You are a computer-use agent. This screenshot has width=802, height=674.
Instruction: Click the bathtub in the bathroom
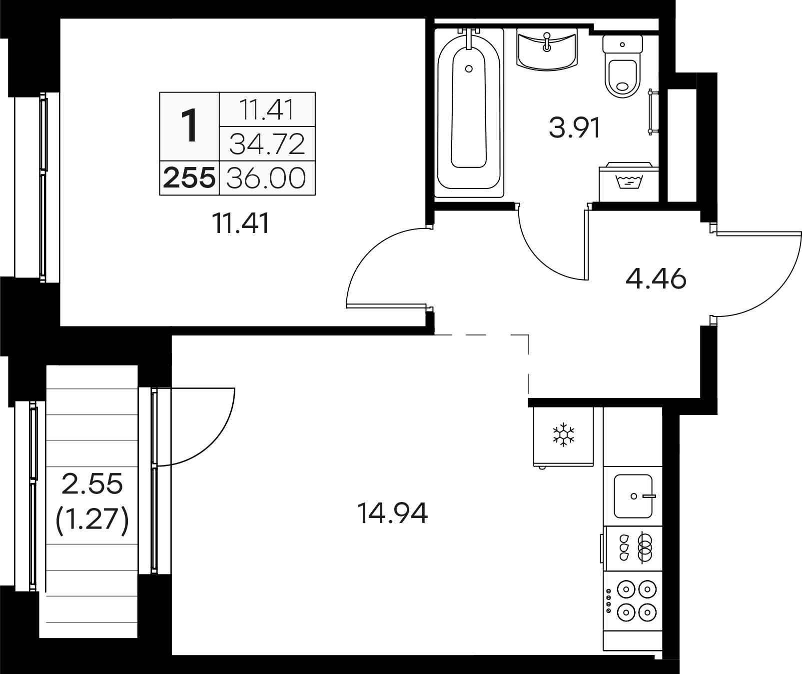(469, 115)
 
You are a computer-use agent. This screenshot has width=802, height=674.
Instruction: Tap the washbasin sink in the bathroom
(547, 50)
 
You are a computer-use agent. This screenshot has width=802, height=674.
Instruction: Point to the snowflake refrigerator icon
(563, 435)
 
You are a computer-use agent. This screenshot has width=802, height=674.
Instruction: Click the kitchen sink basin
(633, 496)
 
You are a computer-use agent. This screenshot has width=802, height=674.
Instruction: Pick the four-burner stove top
(633, 600)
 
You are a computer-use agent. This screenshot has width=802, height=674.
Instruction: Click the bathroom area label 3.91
(574, 127)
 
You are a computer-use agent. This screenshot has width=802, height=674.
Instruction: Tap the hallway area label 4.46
(656, 278)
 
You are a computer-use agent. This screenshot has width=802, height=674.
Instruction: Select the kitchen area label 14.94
(392, 513)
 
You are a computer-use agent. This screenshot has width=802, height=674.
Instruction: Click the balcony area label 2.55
(92, 483)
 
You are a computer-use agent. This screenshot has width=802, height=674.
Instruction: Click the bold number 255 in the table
(189, 178)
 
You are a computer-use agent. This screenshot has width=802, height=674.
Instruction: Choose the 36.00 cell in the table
(266, 178)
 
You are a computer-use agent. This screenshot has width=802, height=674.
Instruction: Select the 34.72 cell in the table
(267, 144)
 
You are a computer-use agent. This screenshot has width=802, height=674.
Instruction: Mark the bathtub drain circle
(469, 68)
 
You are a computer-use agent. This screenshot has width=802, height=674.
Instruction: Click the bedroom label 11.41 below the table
(241, 223)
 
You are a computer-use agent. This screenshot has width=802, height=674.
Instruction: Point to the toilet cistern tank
(623, 44)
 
